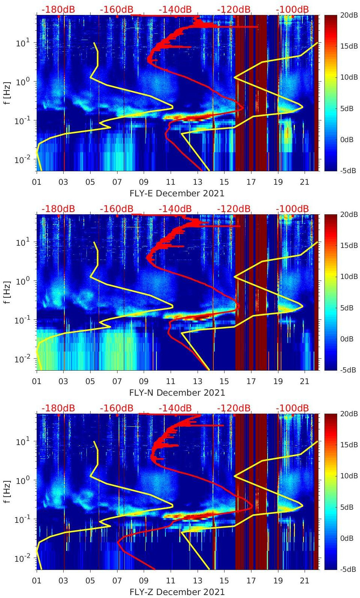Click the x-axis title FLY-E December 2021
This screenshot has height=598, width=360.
coord(177,193)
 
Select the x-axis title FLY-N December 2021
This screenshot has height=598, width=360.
coord(177,393)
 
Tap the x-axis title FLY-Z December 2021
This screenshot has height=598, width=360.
coord(177,592)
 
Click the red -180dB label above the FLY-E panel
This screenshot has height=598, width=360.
coord(58,9)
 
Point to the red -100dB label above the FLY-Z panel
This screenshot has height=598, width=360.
coord(292,408)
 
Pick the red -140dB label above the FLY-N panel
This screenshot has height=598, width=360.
coord(175,209)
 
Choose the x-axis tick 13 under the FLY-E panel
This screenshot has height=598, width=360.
coord(197,182)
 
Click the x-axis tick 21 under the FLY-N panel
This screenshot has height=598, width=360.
coord(305,381)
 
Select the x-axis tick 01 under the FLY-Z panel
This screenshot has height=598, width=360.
coord(37,581)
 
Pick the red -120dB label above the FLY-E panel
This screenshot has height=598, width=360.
coord(234,9)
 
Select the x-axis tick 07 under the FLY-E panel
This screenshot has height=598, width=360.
coord(117,182)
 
